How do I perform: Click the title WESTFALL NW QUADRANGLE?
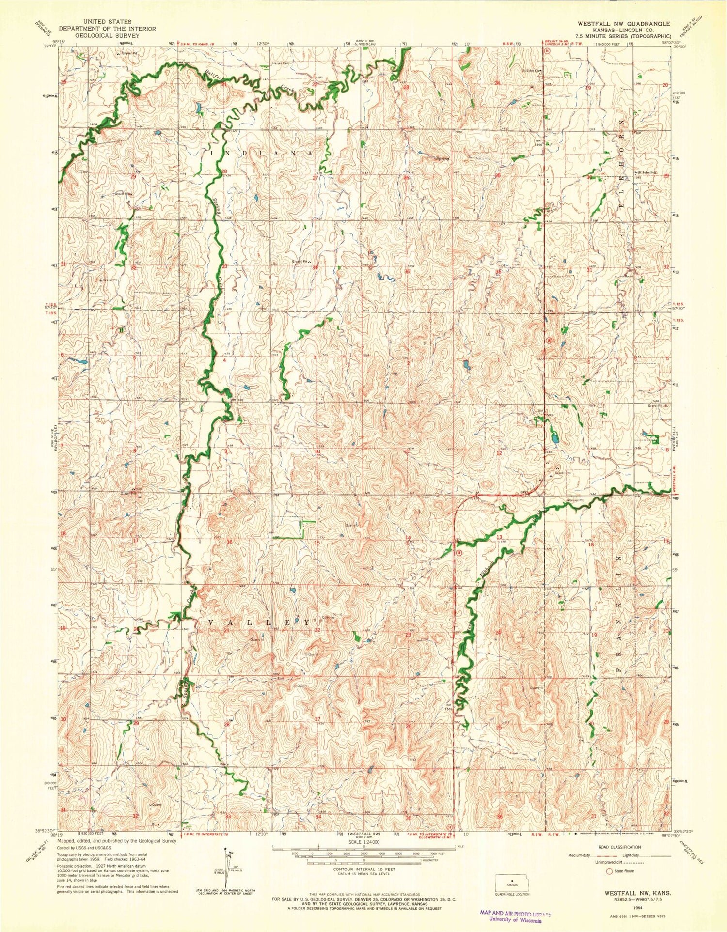623,23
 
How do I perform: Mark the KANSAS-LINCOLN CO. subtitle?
623,30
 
